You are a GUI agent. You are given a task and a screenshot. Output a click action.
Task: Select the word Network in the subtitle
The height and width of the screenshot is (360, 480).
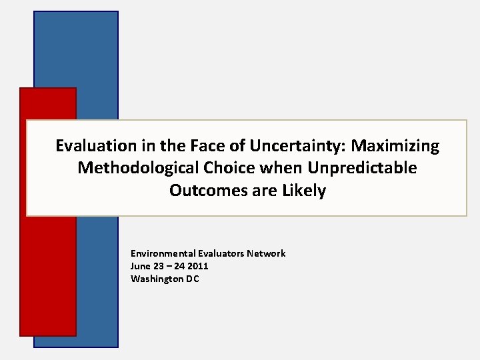coord(267,253)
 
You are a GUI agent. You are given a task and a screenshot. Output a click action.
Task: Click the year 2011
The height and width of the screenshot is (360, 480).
coord(197,266)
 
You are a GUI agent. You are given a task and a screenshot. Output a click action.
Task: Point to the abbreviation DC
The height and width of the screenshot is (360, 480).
coord(192,279)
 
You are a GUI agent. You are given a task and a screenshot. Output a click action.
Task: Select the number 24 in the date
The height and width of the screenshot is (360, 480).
coord(179,266)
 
